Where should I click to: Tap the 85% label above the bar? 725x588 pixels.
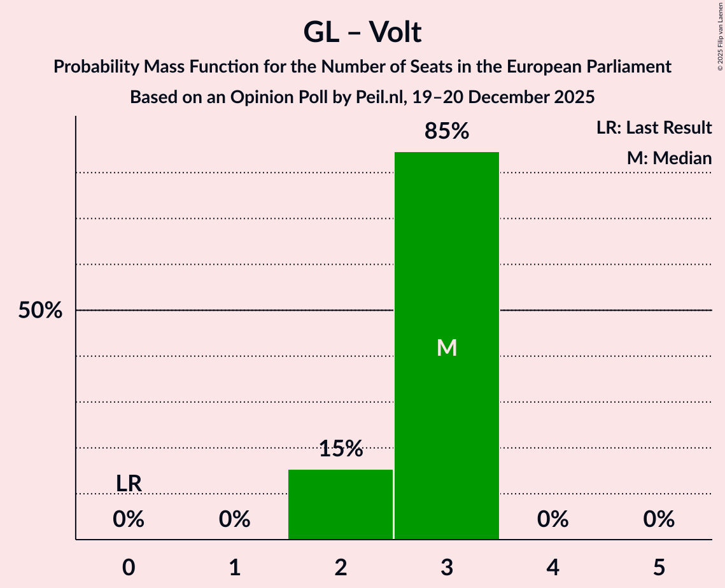(x=447, y=132)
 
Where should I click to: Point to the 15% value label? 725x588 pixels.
(x=341, y=449)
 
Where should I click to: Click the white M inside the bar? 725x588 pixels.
(x=447, y=348)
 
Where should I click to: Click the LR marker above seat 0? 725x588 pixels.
(x=129, y=484)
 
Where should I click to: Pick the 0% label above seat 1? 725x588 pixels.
(x=234, y=519)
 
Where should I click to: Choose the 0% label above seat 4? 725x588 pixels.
(x=553, y=519)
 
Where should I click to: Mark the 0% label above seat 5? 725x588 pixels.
(x=658, y=519)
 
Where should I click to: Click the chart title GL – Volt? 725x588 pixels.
(x=362, y=32)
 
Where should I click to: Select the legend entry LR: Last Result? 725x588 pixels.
(x=654, y=128)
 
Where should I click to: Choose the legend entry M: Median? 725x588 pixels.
(x=669, y=158)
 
